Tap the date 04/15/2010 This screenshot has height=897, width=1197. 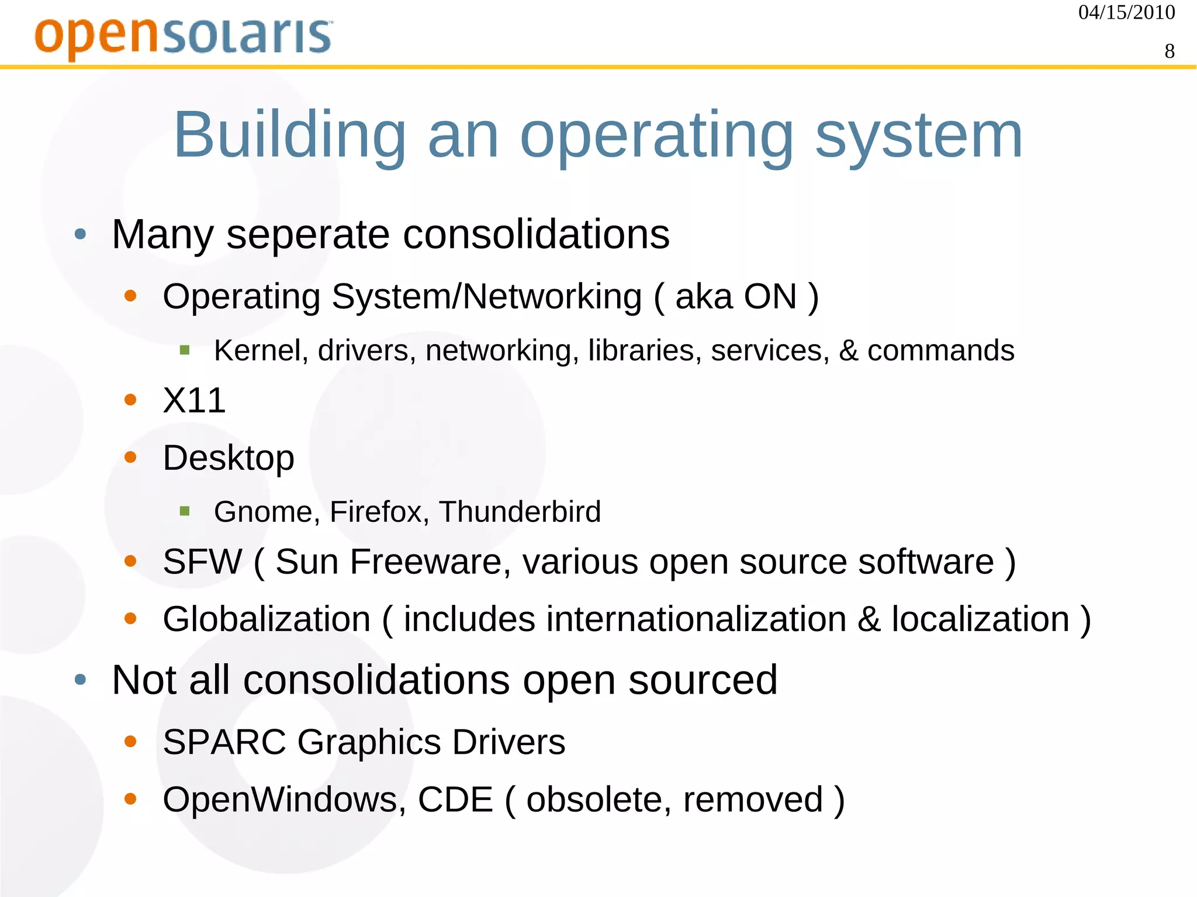pos(1126,12)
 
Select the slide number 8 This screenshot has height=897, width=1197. pos(1169,51)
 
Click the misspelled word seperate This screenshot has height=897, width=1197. pos(307,234)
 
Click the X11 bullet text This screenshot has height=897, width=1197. pos(194,400)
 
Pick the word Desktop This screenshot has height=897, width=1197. pos(228,458)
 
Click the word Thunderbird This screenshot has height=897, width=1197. pos(520,512)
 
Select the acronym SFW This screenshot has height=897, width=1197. pos(202,562)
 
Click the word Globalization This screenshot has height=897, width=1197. pos(267,619)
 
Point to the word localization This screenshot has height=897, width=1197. pos(980,619)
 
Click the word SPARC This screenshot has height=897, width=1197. pos(224,742)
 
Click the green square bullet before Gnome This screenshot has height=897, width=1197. pos(185,512)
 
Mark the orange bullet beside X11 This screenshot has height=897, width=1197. pos(130,400)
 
